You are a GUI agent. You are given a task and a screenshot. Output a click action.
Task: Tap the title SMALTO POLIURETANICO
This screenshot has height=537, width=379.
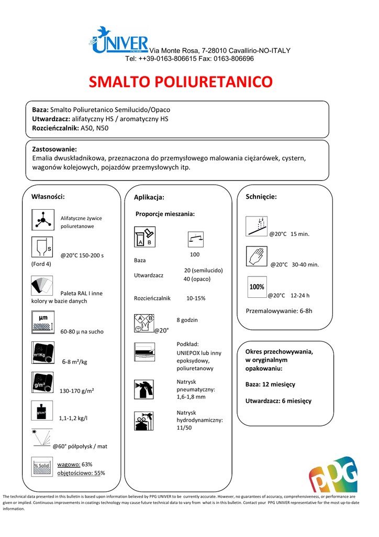pos(181,82)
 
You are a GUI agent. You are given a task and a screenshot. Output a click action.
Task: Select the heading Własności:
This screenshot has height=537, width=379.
pos(48,197)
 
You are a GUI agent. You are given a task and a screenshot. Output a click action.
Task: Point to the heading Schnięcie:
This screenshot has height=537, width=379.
pos(261,197)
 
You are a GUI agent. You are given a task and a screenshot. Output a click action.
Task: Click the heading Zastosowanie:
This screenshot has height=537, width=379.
pos(54,149)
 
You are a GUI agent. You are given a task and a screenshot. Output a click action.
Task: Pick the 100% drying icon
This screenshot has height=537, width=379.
pos(257,287)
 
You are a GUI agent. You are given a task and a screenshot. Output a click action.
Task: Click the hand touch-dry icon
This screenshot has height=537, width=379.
pos(257,257)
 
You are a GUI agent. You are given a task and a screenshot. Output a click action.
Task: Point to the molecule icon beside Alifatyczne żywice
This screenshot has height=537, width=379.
pos(42,219)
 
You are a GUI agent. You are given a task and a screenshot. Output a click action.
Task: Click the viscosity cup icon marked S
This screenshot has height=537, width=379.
pos(42,249)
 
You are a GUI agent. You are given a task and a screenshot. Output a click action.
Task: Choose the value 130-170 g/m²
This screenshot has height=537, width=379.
pos(80,391)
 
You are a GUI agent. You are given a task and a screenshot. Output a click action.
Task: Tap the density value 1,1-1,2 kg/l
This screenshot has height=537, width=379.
pos(73,418)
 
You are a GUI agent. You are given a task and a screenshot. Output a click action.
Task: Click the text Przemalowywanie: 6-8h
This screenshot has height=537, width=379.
pos(278,311)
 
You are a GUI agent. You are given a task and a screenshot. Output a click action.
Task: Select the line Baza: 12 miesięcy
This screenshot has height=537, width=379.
pos(270,384)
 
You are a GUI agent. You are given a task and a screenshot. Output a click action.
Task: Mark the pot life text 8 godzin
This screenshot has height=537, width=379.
pos(187,320)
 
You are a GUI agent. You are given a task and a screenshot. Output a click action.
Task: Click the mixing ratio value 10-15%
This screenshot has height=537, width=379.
pos(196,298)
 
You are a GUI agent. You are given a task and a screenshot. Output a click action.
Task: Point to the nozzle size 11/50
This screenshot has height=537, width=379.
pos(184,428)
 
